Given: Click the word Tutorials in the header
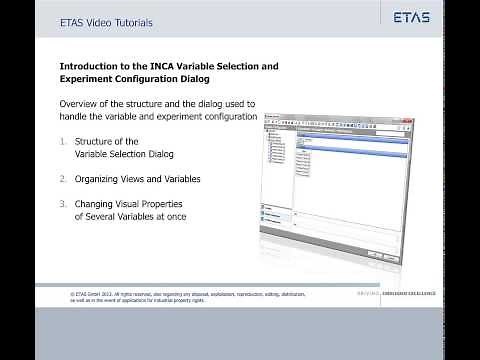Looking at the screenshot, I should [126, 18].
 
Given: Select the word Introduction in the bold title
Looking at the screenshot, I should [93, 66].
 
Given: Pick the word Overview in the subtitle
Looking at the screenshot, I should [82, 104].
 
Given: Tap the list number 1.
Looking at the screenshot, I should [65, 142].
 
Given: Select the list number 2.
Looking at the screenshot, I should [65, 179].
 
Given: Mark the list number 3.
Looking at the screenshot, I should [65, 204].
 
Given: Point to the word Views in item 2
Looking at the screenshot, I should [145, 179].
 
